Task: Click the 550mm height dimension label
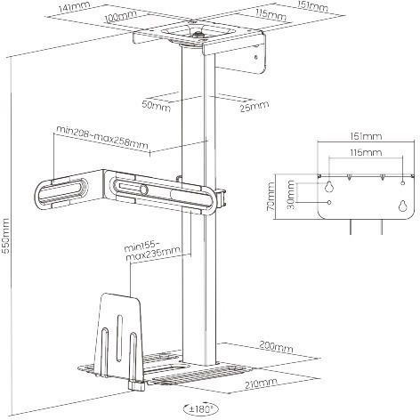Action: (6, 236)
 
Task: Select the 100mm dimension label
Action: (121, 16)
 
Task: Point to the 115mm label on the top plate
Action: (271, 14)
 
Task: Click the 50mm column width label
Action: (157, 106)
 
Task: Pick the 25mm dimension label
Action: (254, 106)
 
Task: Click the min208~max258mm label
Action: (102, 137)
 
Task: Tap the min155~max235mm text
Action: (152, 251)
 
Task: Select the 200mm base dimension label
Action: (276, 346)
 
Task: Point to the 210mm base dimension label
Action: (262, 384)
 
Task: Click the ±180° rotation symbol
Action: (201, 409)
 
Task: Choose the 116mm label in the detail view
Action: (366, 152)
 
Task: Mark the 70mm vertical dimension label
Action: (271, 197)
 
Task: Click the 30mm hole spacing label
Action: (291, 195)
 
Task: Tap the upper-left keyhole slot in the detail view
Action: (328, 186)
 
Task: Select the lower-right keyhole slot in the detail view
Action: (402, 206)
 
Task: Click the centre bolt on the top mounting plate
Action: (197, 35)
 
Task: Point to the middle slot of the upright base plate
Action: (119, 338)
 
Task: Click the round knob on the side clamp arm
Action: (144, 190)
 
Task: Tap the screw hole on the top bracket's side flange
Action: (256, 58)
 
